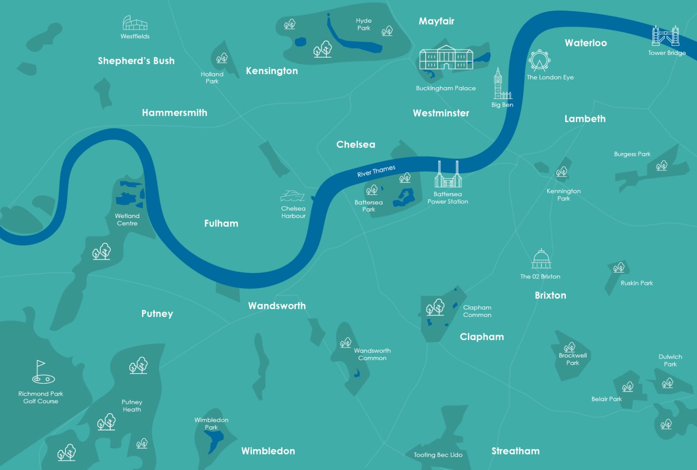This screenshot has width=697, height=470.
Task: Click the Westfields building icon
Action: point(135,23)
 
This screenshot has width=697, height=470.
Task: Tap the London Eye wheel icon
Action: point(539,60)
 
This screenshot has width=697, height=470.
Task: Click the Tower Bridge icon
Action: point(666,36)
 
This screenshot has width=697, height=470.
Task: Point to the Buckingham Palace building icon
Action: point(446,58)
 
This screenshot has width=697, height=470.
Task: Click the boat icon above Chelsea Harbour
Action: point(292,196)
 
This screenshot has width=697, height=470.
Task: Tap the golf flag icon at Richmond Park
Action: point(42,372)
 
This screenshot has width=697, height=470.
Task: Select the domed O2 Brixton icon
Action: point(541,259)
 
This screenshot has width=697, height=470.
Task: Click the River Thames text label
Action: point(376,171)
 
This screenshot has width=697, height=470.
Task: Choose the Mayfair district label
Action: point(436,21)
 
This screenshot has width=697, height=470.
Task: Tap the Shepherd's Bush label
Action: point(136,61)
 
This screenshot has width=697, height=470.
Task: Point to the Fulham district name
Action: point(221,223)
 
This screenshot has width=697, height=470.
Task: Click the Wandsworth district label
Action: point(277,306)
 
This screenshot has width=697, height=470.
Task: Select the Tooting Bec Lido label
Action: point(438,455)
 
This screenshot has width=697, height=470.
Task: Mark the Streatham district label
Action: point(515,451)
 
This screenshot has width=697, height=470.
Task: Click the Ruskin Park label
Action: point(637,283)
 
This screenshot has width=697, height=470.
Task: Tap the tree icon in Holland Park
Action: point(222,58)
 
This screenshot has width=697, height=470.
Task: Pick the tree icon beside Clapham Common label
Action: point(435,307)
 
